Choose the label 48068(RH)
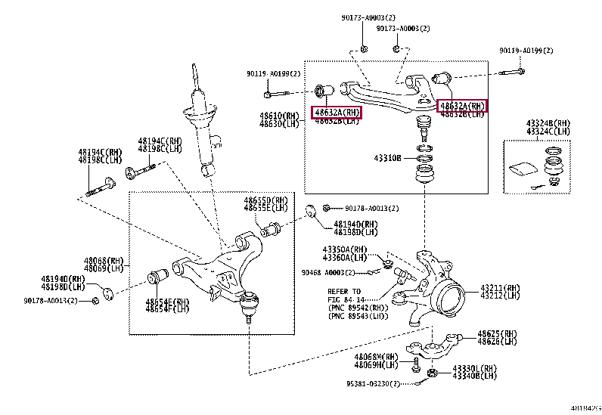tap(104, 260)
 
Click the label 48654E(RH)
tap(168, 302)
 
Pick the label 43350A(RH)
tap(344, 249)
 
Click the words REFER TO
tap(344, 291)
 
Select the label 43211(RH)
tap(500, 288)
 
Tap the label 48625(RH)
tap(497, 334)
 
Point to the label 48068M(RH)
tap(376, 356)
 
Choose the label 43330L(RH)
tap(476, 368)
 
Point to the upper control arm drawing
tap(386, 91)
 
